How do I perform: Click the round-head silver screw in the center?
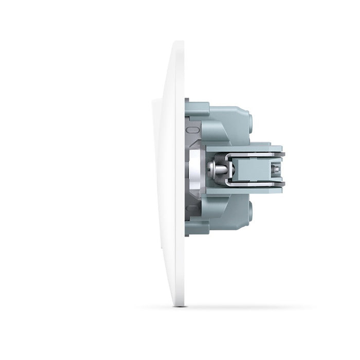point(213,168)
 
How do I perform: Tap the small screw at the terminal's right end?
point(277,168)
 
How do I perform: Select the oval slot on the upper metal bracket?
point(191,130)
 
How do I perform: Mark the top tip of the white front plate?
point(178,43)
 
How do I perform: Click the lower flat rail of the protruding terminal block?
point(247,190)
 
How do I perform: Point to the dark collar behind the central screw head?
point(221,168)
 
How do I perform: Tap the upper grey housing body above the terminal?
point(226,123)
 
